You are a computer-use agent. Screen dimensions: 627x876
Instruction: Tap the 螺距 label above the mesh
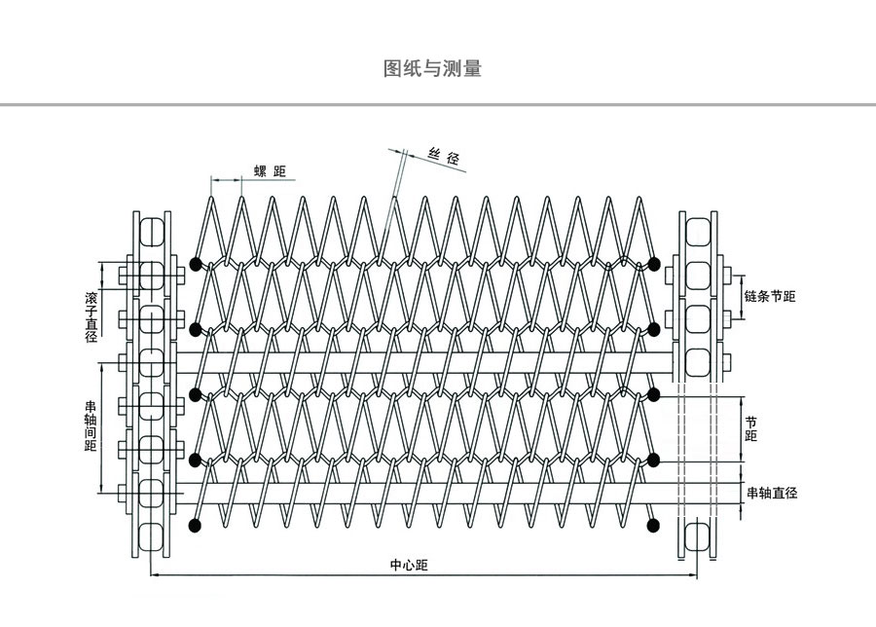[x=271, y=172]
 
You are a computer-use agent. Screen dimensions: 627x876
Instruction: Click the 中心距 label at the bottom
[x=409, y=565]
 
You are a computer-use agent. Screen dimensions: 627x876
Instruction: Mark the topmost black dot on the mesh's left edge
[x=196, y=263]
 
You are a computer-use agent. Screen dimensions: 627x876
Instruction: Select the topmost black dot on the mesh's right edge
[x=654, y=262]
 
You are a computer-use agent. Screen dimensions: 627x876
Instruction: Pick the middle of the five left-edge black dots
[x=196, y=393]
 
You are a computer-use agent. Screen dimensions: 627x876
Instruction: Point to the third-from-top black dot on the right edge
[x=654, y=393]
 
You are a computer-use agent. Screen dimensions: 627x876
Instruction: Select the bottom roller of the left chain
[x=152, y=535]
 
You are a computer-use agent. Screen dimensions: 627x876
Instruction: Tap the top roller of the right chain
[x=698, y=231]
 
